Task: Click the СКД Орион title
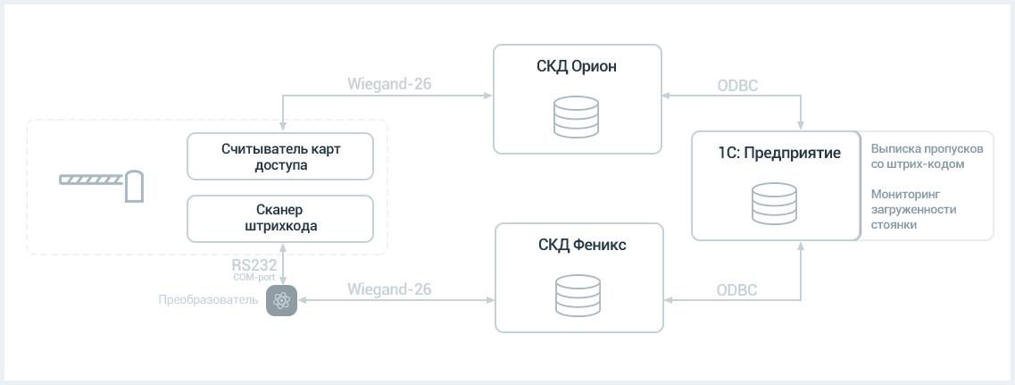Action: coord(576,67)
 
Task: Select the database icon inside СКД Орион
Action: coord(576,117)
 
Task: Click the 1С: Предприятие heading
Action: coord(779,154)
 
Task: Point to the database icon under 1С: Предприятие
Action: coord(774,204)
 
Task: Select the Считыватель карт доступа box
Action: coord(280,156)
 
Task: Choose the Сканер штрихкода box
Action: coord(280,219)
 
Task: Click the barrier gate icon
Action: coord(101,186)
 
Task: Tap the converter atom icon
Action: coord(281,301)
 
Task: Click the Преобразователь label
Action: coord(208,300)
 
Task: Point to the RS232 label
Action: coord(254,264)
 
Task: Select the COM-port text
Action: coord(254,278)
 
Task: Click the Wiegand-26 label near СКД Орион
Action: coord(390,84)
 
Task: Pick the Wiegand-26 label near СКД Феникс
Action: coord(390,289)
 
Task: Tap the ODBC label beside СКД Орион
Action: coord(737,86)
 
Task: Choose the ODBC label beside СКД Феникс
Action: coord(736,290)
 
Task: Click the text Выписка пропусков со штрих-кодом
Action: coord(927,156)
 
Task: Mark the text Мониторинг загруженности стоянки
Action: coord(913,209)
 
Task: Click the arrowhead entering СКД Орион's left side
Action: coord(488,96)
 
